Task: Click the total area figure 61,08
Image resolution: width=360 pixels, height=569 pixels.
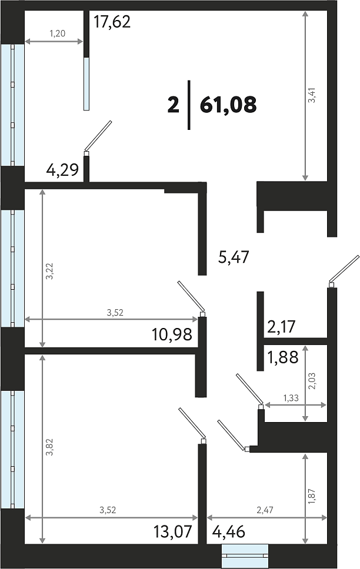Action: point(228,105)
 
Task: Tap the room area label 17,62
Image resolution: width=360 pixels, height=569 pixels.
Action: point(112,22)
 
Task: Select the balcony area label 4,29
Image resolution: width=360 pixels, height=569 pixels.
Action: point(62,170)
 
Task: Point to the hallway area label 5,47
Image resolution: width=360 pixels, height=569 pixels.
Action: point(234,257)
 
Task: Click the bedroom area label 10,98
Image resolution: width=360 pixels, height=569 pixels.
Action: point(172,334)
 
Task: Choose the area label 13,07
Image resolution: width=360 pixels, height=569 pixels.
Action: point(172,532)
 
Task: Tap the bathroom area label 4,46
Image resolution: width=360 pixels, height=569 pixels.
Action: point(228,532)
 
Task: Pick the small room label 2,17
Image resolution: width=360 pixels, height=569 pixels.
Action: point(282,327)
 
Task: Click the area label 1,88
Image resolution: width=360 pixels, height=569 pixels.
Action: point(283,357)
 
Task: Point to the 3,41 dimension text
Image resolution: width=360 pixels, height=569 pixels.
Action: point(312,95)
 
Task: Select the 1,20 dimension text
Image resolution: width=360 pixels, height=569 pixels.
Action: point(58,34)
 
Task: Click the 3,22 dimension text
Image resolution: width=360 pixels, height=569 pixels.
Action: point(49,271)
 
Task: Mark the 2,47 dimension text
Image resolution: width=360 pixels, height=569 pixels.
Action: point(265,510)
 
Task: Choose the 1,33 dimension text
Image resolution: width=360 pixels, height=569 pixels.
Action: point(291,398)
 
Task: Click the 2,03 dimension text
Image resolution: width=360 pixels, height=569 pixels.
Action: point(312,381)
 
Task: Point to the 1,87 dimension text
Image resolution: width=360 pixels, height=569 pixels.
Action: point(312,497)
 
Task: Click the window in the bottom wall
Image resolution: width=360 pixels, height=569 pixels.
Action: point(245,555)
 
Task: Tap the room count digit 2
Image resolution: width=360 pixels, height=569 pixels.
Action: point(174,105)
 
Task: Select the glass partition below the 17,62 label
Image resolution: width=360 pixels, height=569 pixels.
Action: point(86,83)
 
